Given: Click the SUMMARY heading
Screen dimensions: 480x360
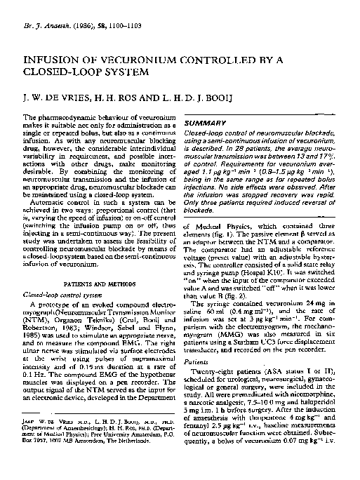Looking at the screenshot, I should click(204, 122).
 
